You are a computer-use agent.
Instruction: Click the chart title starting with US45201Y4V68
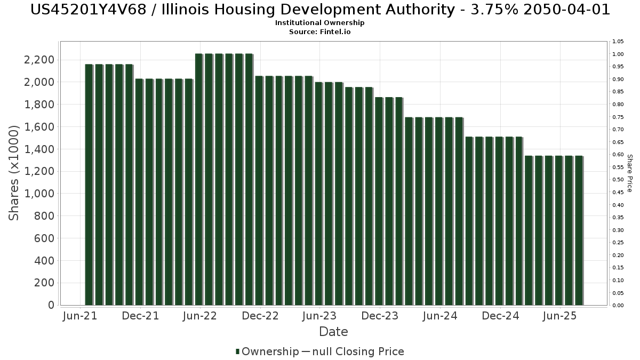tap(320, 10)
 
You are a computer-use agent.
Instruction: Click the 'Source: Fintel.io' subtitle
tap(319, 31)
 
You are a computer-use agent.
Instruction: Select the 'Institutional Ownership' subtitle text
tap(319, 23)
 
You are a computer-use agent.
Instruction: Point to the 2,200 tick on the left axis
tap(39, 60)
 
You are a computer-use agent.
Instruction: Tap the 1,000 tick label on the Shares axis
tap(39, 194)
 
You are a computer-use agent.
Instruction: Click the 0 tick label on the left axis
tap(51, 305)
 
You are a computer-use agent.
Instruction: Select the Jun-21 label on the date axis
tap(80, 316)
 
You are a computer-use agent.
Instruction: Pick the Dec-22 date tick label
tap(260, 316)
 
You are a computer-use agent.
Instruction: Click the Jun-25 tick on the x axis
tap(559, 316)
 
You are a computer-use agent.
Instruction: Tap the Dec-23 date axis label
tap(380, 316)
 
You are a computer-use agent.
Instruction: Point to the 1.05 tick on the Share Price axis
tap(618, 42)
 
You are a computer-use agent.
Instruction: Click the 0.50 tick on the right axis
tap(618, 180)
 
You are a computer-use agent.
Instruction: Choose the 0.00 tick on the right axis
tap(618, 306)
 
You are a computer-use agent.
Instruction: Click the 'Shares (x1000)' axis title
tap(13, 173)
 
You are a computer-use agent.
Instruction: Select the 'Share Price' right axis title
tap(629, 173)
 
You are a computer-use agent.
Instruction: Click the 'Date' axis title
tap(333, 332)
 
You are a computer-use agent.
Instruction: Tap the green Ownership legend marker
tap(237, 351)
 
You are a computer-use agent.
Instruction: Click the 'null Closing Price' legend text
tap(358, 351)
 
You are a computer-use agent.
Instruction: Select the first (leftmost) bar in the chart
tap(89, 185)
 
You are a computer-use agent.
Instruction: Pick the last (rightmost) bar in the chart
tap(579, 230)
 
